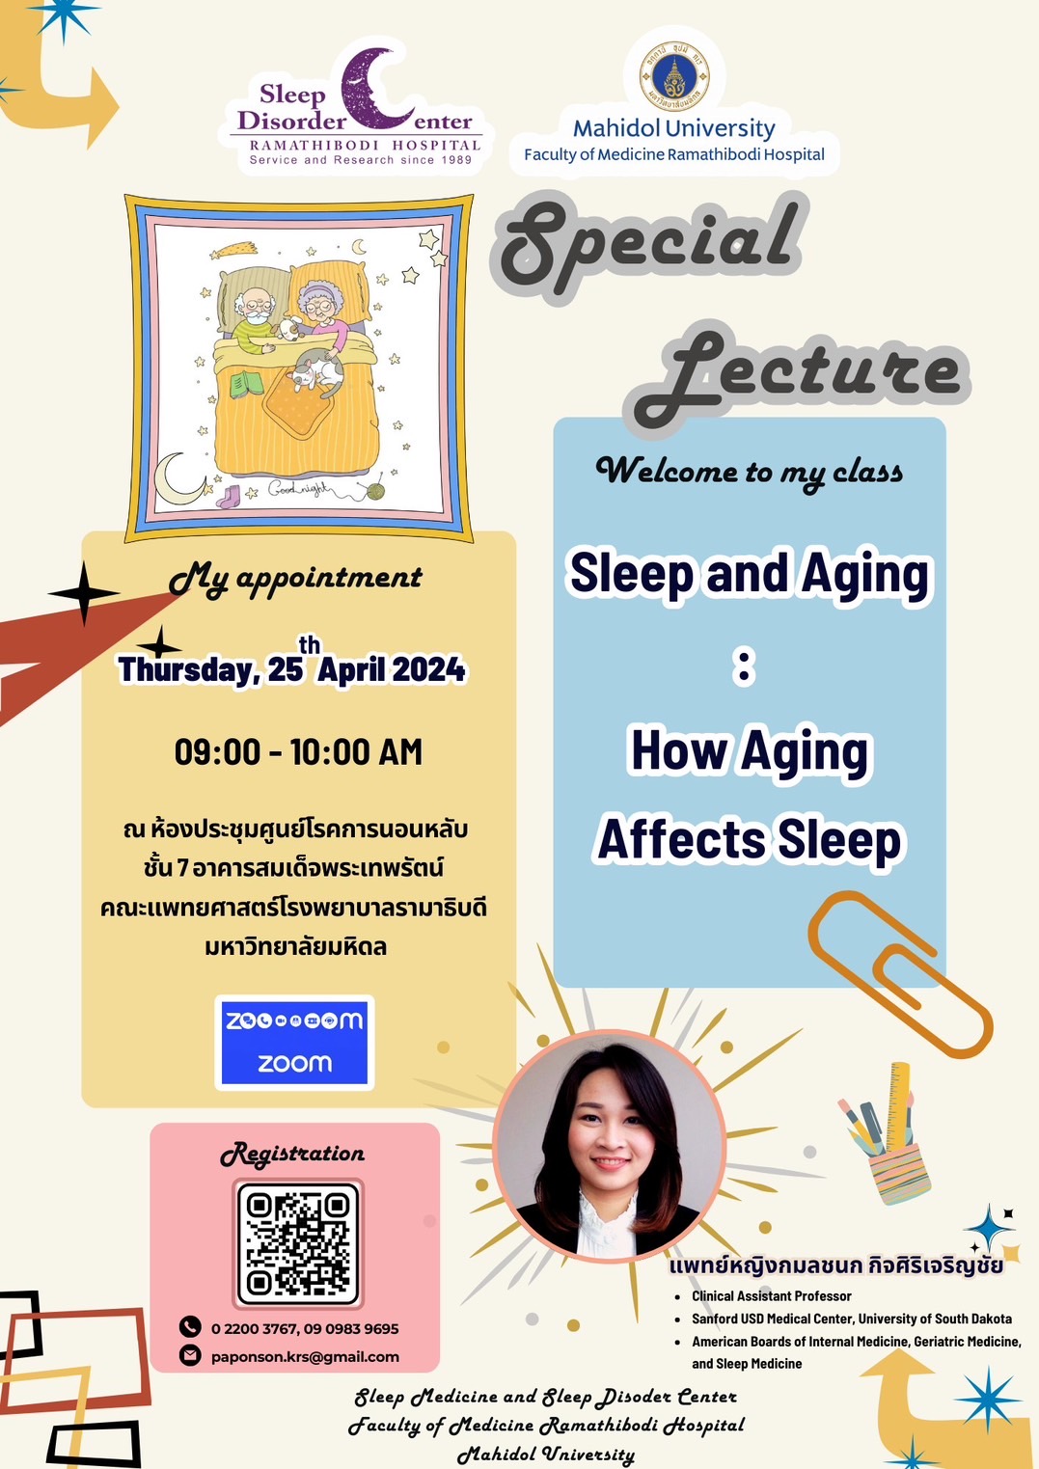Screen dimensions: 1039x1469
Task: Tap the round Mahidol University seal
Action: tap(674, 76)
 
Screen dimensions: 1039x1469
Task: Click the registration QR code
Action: tap(298, 1244)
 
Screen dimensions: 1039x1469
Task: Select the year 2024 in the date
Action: tap(428, 669)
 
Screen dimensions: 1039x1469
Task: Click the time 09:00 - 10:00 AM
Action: tap(298, 751)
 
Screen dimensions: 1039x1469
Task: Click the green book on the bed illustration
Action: tap(247, 384)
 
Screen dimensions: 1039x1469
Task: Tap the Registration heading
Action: tap(292, 1155)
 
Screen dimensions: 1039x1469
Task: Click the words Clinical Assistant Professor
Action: tap(772, 1296)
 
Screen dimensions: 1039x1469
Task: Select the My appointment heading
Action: tap(295, 579)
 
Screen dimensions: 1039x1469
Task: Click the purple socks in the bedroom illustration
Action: tap(229, 497)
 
